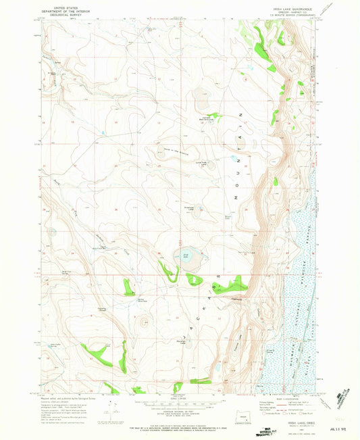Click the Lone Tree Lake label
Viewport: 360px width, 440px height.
tap(201, 163)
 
